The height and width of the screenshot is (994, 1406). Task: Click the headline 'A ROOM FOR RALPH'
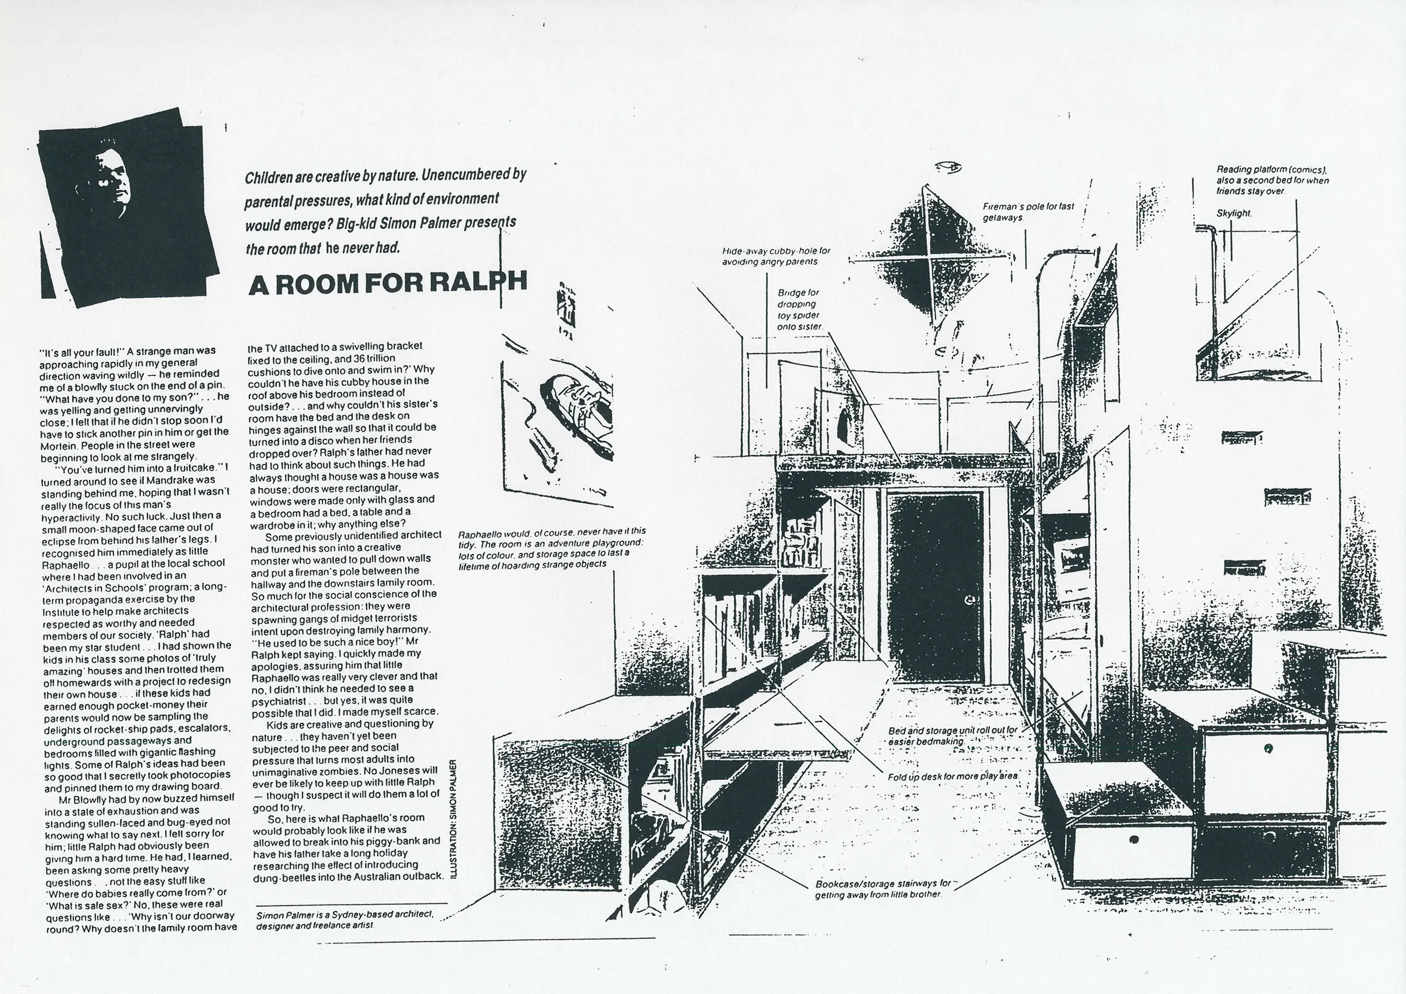(x=387, y=283)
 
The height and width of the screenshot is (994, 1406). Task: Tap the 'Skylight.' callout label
(x=1234, y=214)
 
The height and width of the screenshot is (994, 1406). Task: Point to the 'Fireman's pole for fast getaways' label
(x=1028, y=212)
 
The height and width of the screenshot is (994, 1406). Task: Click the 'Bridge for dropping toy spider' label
(x=799, y=309)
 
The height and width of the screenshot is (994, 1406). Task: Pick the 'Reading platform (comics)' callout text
(x=1272, y=180)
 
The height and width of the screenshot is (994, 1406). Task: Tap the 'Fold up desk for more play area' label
(x=952, y=777)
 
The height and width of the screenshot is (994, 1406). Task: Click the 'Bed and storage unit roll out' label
(x=952, y=736)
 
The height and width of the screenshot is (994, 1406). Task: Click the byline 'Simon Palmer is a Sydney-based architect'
(x=345, y=919)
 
